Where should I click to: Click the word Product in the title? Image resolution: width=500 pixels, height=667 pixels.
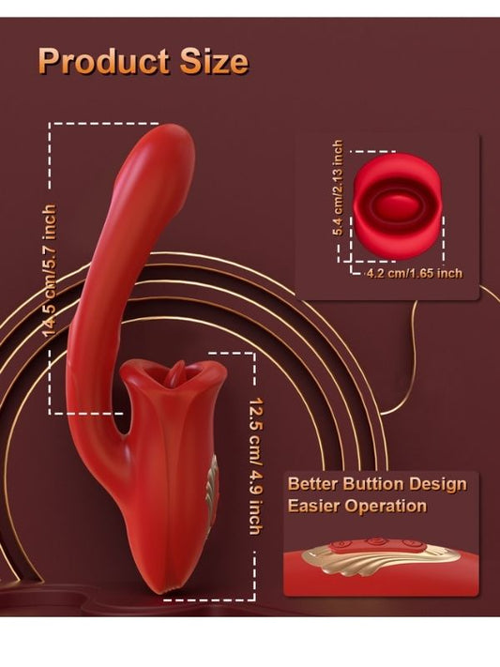tap(104, 61)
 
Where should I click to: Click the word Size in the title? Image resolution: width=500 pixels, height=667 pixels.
tap(214, 61)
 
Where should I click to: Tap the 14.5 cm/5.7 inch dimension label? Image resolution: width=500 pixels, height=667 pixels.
tap(50, 270)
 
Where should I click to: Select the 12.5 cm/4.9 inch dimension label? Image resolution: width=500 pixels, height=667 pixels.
tap(255, 466)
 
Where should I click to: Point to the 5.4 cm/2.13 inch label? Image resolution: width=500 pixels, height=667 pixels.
tap(338, 188)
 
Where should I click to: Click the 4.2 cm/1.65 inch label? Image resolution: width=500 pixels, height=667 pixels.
tap(415, 273)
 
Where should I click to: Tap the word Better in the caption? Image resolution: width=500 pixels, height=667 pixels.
tap(312, 484)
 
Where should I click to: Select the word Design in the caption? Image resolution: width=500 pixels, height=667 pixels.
tap(438, 485)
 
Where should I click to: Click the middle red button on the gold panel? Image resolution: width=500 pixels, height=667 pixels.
tap(374, 542)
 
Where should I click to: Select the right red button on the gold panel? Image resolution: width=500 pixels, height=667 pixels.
tap(410, 544)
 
